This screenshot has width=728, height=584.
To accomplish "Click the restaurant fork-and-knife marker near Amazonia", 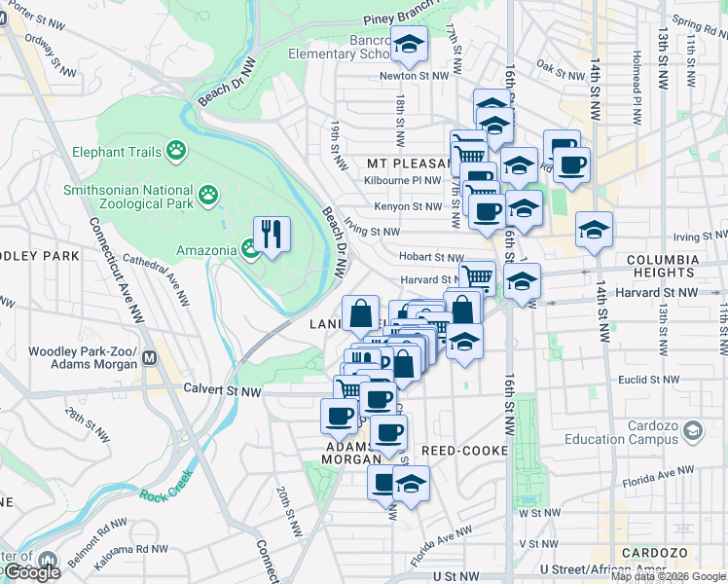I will tap(271, 234).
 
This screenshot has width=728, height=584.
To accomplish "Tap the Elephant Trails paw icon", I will tap(176, 150).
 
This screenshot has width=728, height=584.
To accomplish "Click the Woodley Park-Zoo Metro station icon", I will tap(150, 357).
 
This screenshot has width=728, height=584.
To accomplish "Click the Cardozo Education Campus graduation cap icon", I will tap(693, 429).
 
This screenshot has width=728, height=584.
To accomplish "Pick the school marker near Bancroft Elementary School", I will tap(410, 44).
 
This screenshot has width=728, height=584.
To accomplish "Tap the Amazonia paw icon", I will tap(250, 250).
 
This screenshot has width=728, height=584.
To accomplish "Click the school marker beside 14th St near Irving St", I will tap(594, 231).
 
